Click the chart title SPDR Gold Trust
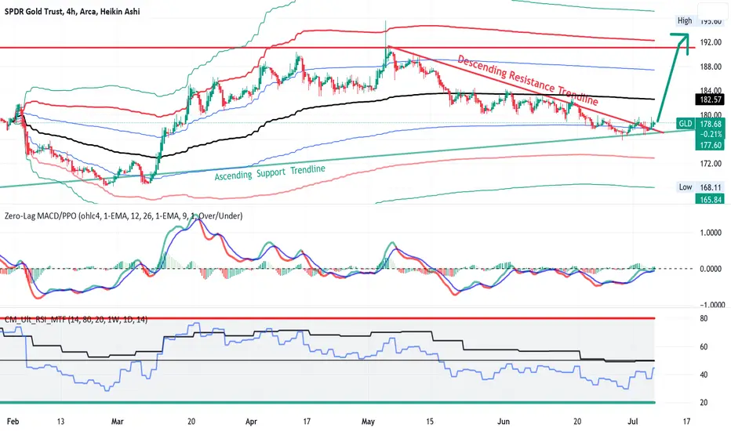pos(33,12)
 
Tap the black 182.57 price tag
pos(710,100)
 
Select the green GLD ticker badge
pos(685,124)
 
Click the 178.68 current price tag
pos(710,124)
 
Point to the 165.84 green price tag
pos(710,199)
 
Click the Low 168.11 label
pos(700,187)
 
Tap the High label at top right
pos(685,20)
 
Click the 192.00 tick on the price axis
pos(711,42)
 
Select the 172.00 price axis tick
pos(711,164)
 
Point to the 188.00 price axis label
pos(711,67)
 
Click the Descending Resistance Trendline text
pos(528,80)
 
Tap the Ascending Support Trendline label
pos(270,172)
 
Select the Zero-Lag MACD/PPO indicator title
pos(124,215)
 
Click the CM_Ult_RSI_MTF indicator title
pos(76,320)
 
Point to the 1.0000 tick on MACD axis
pos(712,233)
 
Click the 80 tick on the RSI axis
pos(704,319)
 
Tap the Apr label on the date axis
pos(251,422)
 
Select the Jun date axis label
pos(504,422)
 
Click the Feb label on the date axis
pos(13,422)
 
